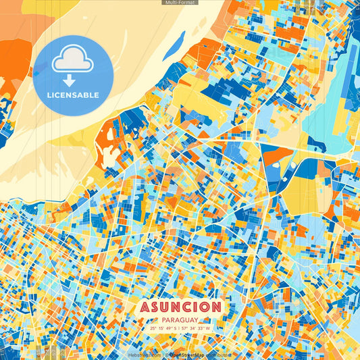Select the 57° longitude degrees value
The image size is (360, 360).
click(186, 328)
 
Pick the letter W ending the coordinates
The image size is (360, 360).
click(209, 328)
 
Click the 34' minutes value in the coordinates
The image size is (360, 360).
click(194, 328)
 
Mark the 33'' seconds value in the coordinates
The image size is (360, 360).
click(202, 328)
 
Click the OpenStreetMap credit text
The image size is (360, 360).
click(187, 354)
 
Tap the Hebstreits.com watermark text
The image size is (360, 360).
click(145, 354)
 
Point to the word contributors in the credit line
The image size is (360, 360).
click(218, 354)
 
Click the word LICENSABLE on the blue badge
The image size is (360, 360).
click(73, 95)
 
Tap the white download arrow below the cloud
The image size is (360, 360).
click(69, 80)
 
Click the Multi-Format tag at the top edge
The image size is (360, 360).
click(180, 3)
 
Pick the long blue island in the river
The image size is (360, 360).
click(174, 47)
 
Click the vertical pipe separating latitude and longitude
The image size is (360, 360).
click(180, 328)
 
